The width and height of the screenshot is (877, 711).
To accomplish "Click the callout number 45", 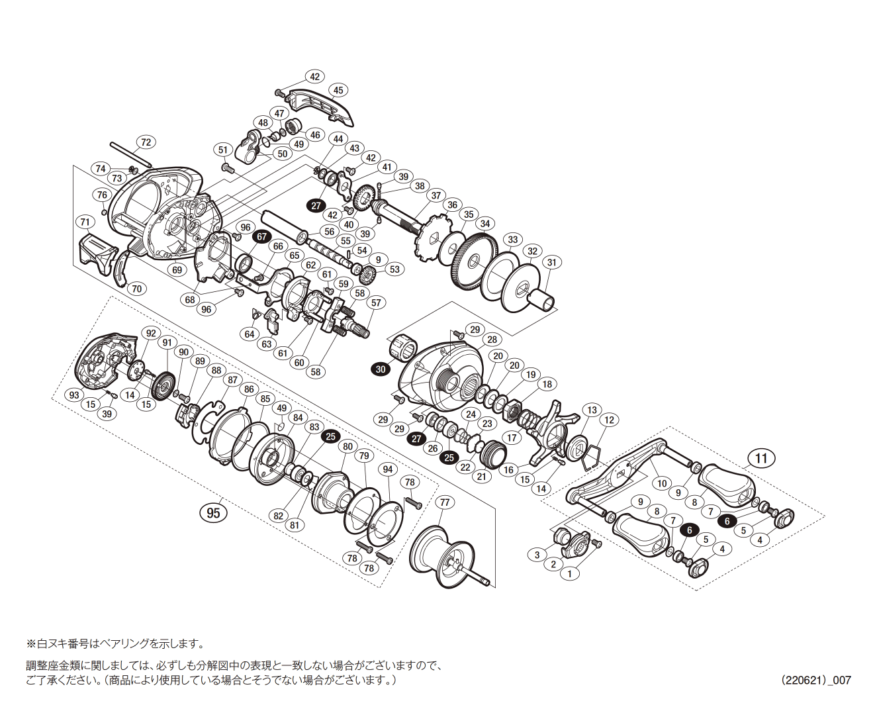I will [x=338, y=90].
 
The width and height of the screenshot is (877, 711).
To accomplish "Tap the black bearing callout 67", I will [x=261, y=236].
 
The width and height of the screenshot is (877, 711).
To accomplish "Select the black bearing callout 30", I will [x=380, y=369].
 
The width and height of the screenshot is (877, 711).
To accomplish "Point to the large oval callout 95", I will [x=213, y=513].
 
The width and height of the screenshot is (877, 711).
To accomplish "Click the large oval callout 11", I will [x=761, y=458].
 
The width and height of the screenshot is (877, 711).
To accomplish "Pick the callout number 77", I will [x=445, y=502].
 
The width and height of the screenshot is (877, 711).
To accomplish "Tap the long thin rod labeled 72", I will [x=131, y=154].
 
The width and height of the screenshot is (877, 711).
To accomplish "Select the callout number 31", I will [x=551, y=262].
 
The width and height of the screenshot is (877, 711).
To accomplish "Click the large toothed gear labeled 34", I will [x=474, y=264].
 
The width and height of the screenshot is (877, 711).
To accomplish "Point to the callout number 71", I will [x=85, y=221].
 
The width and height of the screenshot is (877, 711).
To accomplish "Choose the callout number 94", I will [x=388, y=469].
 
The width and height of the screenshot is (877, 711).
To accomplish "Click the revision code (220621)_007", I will [x=815, y=680].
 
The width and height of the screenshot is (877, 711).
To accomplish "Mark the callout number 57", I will [x=376, y=303].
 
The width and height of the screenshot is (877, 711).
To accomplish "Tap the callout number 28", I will [x=492, y=340].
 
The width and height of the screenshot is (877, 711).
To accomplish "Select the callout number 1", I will [x=569, y=574].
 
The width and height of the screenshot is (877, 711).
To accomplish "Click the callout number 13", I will [x=592, y=410].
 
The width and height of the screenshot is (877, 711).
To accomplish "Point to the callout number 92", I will [x=151, y=333].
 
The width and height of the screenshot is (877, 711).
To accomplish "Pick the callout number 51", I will [x=223, y=150].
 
